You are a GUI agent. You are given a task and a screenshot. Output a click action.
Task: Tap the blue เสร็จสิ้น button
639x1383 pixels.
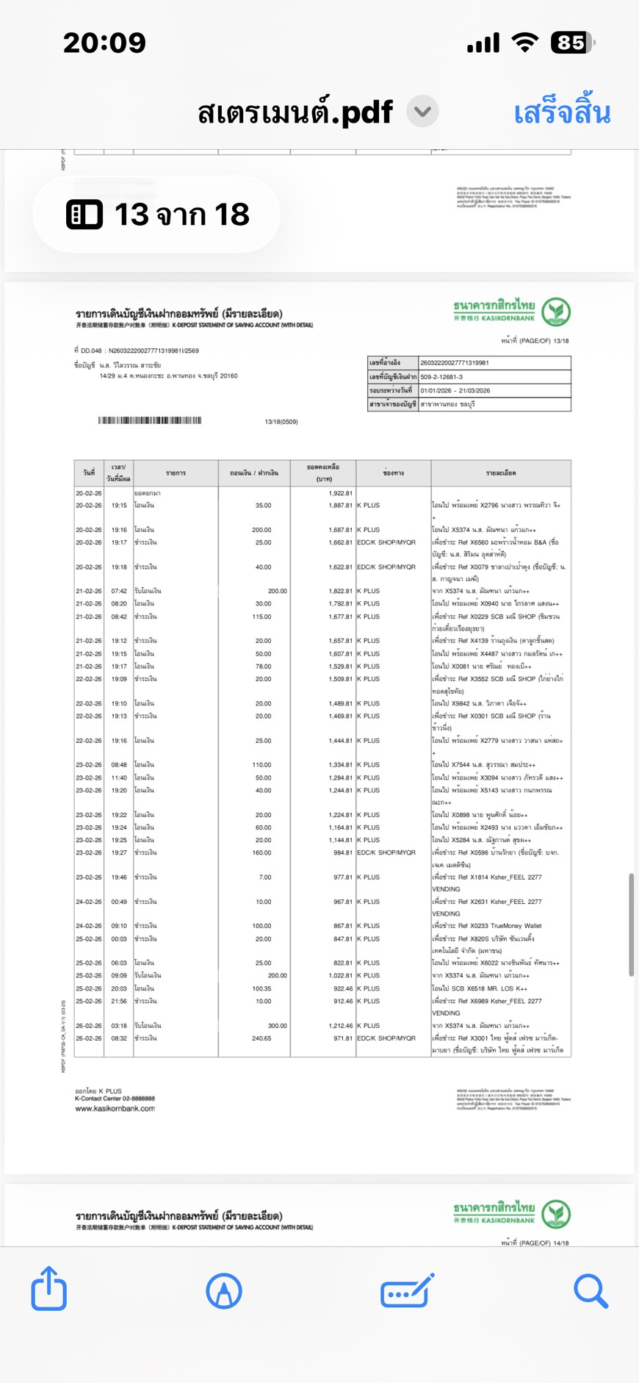(x=562, y=113)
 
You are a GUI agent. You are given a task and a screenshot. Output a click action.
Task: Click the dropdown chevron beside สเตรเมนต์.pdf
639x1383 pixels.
(x=422, y=112)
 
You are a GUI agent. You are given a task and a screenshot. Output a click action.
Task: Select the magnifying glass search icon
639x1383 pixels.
(x=591, y=1290)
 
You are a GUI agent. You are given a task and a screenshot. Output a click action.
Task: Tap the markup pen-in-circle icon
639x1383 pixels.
(x=224, y=1290)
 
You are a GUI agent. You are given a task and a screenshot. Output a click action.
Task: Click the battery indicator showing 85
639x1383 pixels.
(x=572, y=43)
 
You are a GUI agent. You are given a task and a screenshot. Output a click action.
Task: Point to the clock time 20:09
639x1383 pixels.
(x=104, y=43)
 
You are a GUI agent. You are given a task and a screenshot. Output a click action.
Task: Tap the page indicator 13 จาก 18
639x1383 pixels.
(x=158, y=215)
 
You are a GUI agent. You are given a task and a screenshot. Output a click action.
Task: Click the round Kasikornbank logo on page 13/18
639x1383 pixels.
(x=556, y=312)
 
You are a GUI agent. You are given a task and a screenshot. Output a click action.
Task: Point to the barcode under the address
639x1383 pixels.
(x=150, y=420)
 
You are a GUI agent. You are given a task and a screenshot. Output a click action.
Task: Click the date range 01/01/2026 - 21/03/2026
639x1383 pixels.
(x=455, y=391)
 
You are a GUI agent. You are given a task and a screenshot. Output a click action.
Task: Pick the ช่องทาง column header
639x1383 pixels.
(x=393, y=473)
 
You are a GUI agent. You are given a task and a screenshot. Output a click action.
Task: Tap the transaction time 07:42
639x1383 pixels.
(x=119, y=591)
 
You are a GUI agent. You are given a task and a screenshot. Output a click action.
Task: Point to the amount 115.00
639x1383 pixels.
(x=261, y=617)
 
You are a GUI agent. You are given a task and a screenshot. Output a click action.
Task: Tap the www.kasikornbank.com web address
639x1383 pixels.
(x=115, y=1108)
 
